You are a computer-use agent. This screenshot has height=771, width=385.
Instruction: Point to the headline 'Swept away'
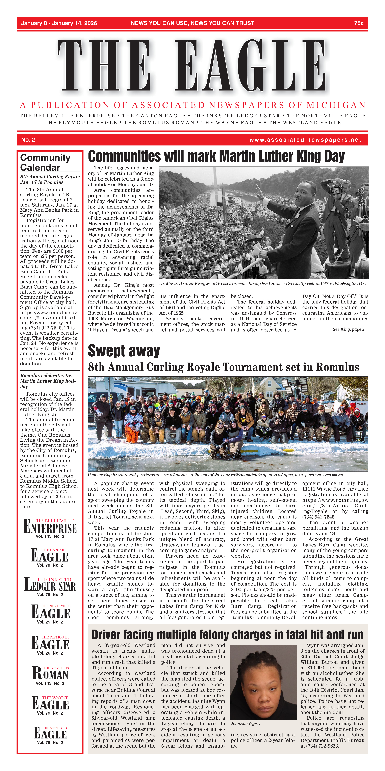(x=124, y=351)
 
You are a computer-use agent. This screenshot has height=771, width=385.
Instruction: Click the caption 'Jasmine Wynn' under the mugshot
(x=245, y=724)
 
